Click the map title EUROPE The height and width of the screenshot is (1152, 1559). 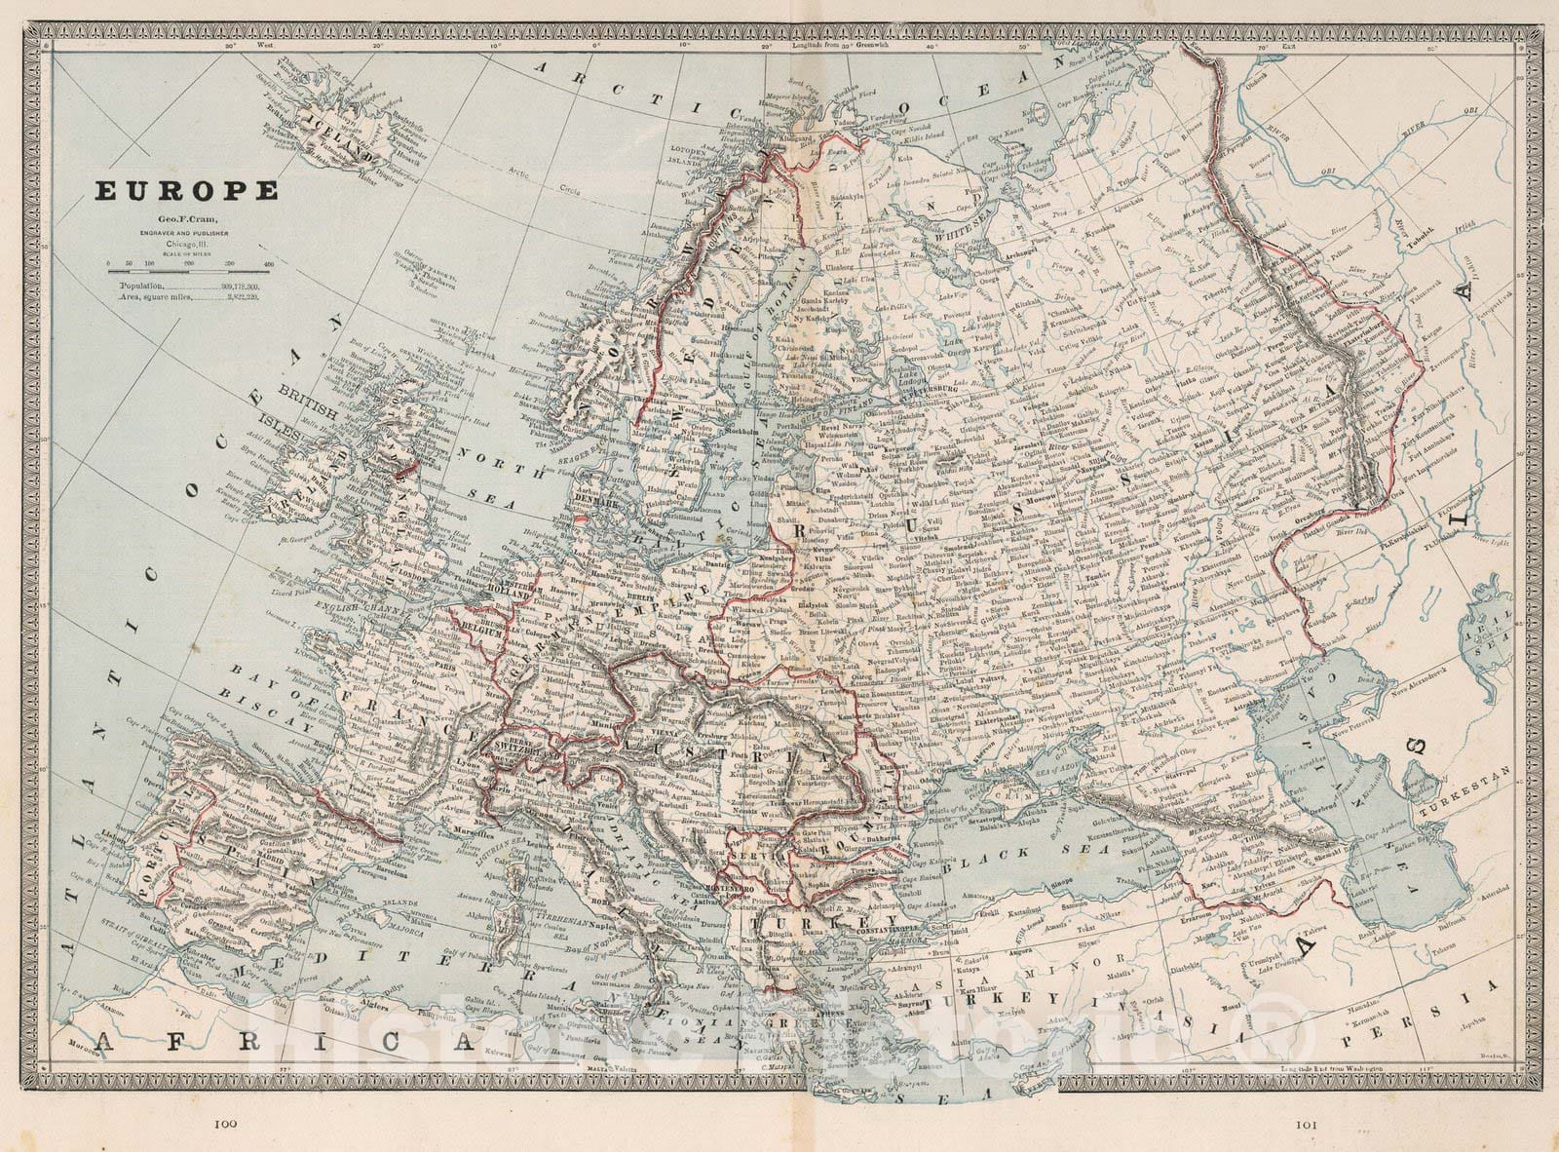[185, 192]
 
